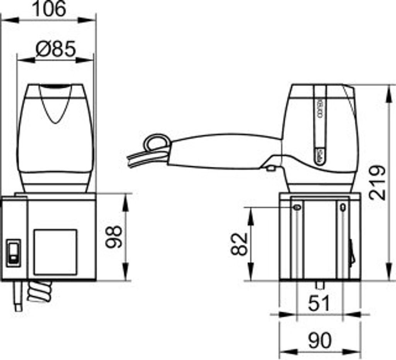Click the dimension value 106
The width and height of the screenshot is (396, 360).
tap(49, 9)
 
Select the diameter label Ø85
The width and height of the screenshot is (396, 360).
tap(55, 49)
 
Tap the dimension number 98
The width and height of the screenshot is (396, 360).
tap(114, 237)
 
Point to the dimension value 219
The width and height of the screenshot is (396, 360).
tap(377, 183)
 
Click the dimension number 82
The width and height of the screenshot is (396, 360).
tap(239, 244)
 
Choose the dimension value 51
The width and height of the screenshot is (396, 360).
tap(319, 304)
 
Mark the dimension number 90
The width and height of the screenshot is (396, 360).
tap(320, 341)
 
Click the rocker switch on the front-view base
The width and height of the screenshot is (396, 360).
tap(14, 253)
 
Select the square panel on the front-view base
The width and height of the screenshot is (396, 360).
tap(55, 252)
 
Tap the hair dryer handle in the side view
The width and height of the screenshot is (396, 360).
tap(224, 152)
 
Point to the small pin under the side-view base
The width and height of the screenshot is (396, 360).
tap(320, 285)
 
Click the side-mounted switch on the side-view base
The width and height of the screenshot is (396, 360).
tap(352, 253)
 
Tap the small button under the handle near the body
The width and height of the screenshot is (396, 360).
tap(271, 168)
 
